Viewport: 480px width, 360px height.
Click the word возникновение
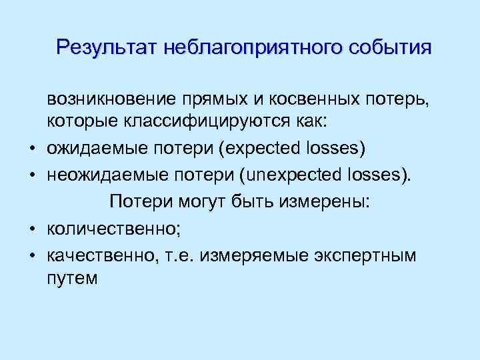[x=111, y=99]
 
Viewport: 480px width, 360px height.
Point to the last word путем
[x=72, y=279]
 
